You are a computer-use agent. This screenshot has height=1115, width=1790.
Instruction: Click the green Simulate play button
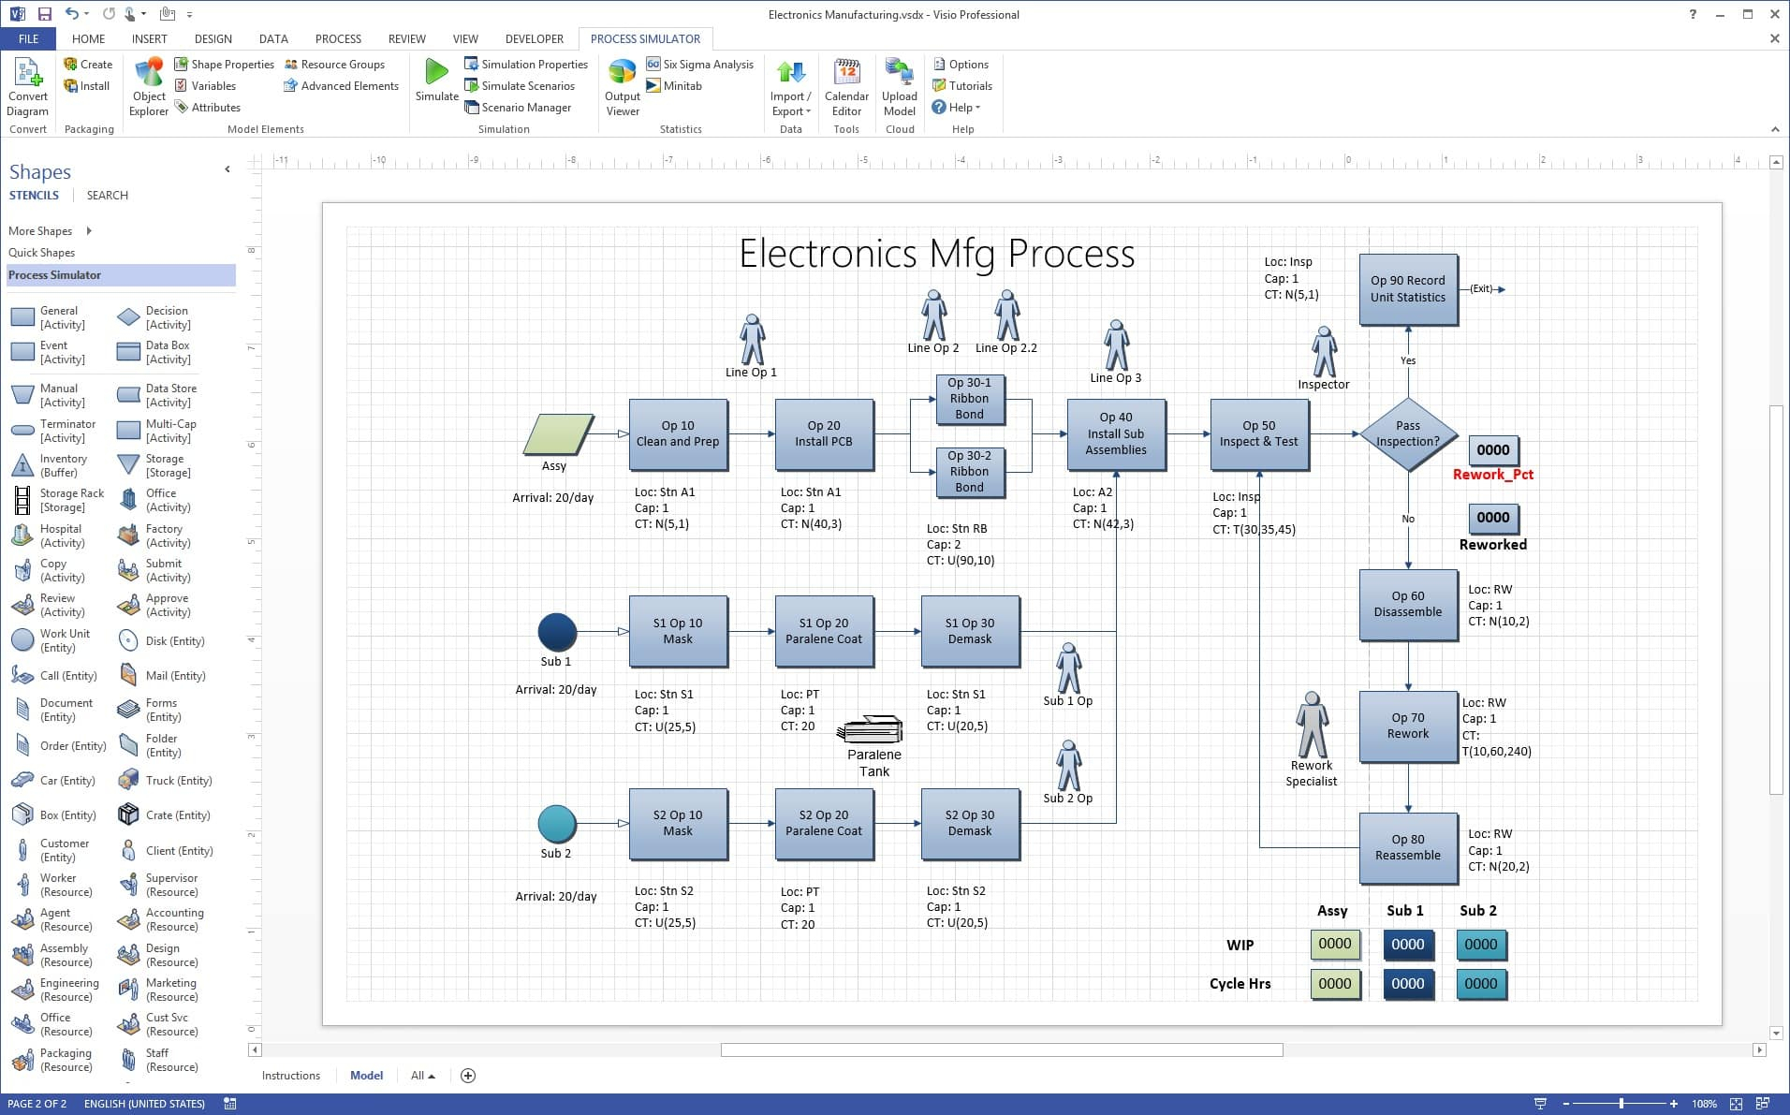click(x=436, y=73)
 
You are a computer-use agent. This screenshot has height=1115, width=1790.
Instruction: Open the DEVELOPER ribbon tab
click(x=534, y=38)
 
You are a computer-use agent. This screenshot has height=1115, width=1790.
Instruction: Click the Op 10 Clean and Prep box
click(x=678, y=433)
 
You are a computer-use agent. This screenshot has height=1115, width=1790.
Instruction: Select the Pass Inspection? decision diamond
click(x=1407, y=433)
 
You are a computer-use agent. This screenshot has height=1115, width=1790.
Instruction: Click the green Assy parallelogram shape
click(x=558, y=434)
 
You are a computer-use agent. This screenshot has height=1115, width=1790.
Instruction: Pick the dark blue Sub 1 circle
click(x=557, y=632)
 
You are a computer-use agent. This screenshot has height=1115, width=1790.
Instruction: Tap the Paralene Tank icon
click(x=872, y=730)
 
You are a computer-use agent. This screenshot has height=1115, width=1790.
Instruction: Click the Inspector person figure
click(x=1324, y=351)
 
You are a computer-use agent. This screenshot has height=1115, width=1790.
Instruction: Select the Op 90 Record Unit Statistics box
click(x=1407, y=289)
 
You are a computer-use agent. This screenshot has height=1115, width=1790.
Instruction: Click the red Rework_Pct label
click(x=1492, y=475)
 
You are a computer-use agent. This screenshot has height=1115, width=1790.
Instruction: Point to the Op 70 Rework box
click(x=1407, y=726)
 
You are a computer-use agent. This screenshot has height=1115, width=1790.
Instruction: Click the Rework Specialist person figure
click(x=1312, y=726)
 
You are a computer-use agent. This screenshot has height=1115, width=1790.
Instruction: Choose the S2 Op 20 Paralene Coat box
click(x=823, y=824)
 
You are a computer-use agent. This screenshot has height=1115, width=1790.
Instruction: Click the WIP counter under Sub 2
click(x=1480, y=945)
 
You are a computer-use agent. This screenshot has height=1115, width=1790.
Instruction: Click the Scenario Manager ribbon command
click(x=525, y=108)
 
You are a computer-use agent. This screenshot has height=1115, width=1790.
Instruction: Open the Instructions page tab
click(x=290, y=1076)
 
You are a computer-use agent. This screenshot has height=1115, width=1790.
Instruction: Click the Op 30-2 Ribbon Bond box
click(x=969, y=472)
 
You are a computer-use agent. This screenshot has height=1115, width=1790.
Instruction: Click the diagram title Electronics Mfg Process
click(x=936, y=254)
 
